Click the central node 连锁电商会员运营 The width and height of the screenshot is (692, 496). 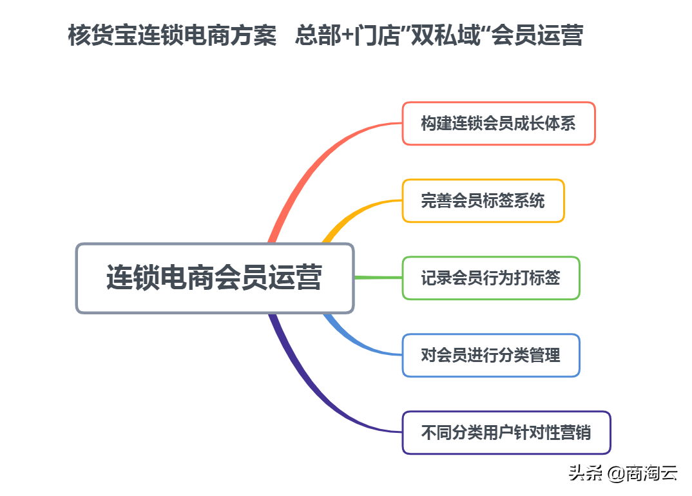coord(215,278)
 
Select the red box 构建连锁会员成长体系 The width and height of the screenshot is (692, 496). coord(498,123)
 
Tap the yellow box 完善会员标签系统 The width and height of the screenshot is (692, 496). coord(483,200)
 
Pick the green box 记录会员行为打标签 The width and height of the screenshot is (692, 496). coord(490,278)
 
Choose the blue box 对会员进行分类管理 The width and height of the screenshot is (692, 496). coord(490,355)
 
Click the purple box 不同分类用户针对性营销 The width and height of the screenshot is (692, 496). coord(506,432)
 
